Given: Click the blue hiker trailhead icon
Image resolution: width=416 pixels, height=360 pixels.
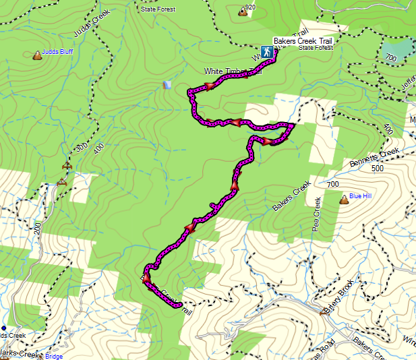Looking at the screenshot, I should (267, 51).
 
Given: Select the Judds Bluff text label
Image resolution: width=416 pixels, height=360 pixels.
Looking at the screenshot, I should (58, 51).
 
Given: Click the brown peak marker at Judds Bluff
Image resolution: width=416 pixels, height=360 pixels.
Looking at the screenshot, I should (36, 55).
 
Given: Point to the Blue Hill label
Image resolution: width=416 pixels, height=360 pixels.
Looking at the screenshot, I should (361, 196).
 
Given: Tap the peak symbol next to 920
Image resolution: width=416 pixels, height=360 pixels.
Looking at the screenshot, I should (241, 11).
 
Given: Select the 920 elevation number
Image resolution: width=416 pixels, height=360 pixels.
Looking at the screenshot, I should (251, 7).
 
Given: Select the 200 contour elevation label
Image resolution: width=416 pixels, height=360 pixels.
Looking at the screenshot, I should (38, 228).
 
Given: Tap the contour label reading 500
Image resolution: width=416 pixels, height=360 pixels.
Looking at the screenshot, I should (378, 168).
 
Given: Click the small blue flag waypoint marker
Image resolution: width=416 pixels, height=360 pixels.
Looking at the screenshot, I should (167, 85).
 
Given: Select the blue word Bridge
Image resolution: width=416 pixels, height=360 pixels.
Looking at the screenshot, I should (55, 356).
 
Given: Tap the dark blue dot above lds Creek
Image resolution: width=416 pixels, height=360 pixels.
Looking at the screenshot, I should (4, 328).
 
